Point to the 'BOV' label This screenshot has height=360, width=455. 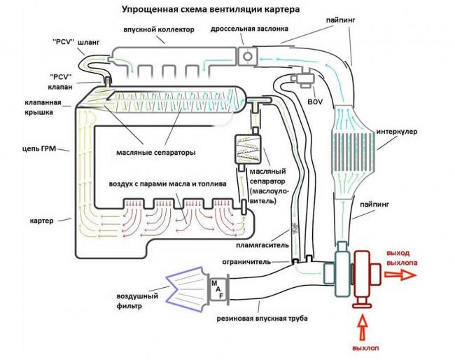[x=314, y=101]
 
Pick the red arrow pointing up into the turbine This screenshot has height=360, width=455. [x=362, y=326]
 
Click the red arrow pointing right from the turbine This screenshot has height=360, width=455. [x=399, y=275]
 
